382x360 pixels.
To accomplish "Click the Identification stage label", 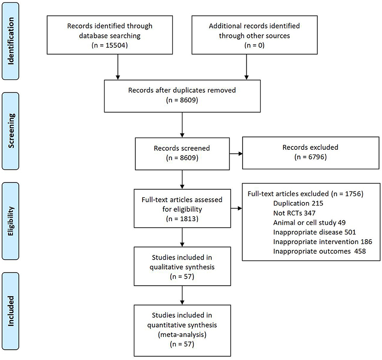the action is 11,41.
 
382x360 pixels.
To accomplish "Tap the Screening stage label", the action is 11,131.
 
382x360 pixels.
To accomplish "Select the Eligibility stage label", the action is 11,221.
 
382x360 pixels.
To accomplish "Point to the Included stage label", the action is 11,311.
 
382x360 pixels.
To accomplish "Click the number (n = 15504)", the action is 109,45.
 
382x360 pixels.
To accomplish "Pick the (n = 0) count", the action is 255,45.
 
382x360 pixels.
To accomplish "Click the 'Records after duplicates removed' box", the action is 182,96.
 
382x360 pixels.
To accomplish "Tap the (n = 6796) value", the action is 311,157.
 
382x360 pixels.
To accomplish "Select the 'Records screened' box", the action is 182,154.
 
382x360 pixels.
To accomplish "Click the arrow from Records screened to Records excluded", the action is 236,154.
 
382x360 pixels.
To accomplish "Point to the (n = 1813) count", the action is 182,219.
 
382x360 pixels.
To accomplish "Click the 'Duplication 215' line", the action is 298,203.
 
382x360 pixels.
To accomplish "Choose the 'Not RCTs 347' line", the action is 294,213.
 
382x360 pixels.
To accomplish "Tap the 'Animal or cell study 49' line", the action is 309,222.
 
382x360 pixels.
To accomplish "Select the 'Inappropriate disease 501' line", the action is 315,232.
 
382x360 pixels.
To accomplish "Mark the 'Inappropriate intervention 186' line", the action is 323,242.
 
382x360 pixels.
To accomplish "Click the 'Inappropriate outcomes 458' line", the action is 319,251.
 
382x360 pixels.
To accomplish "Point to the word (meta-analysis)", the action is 182,335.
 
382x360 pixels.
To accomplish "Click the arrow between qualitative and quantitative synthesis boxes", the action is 182,295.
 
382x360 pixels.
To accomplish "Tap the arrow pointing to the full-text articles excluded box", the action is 236,209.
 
